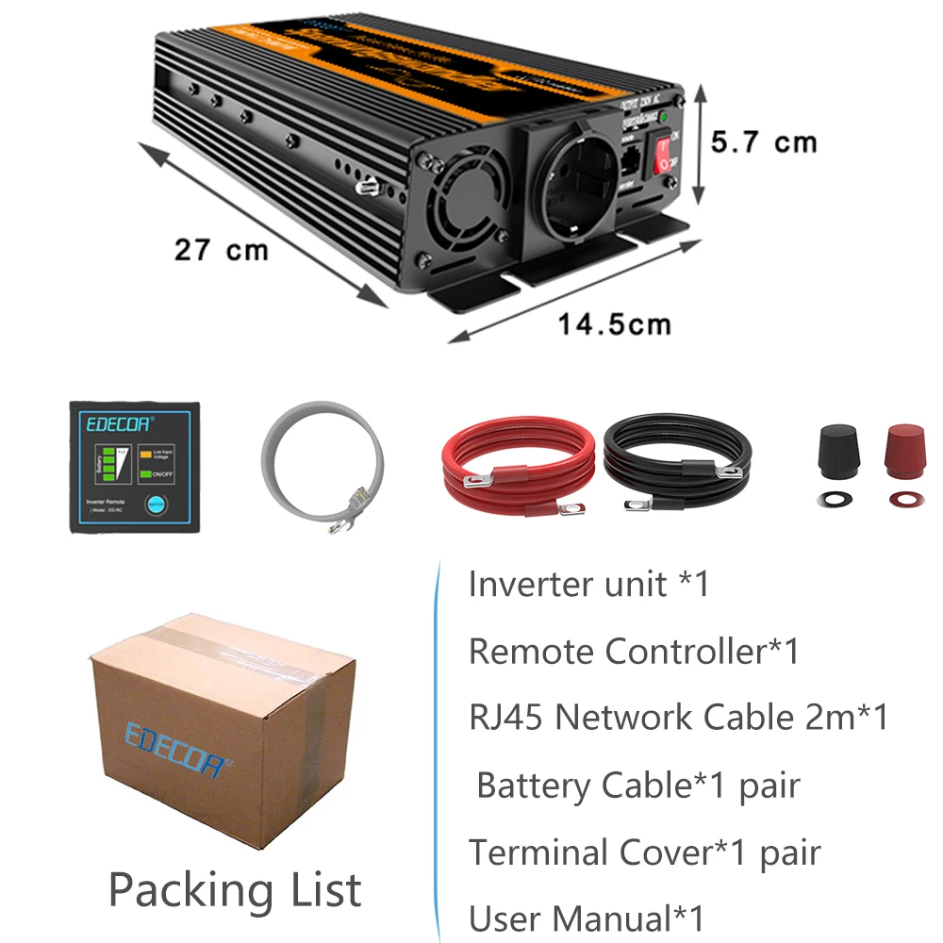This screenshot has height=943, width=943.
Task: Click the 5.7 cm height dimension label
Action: click(764, 142)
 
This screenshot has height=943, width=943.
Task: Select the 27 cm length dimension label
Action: click(221, 250)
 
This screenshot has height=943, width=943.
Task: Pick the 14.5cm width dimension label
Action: click(614, 324)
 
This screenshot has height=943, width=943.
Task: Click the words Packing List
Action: click(235, 889)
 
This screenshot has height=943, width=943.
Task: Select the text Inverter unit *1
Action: click(588, 585)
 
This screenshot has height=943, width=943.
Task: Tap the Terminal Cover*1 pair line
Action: click(645, 852)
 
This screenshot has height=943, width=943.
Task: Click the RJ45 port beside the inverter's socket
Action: click(630, 158)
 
